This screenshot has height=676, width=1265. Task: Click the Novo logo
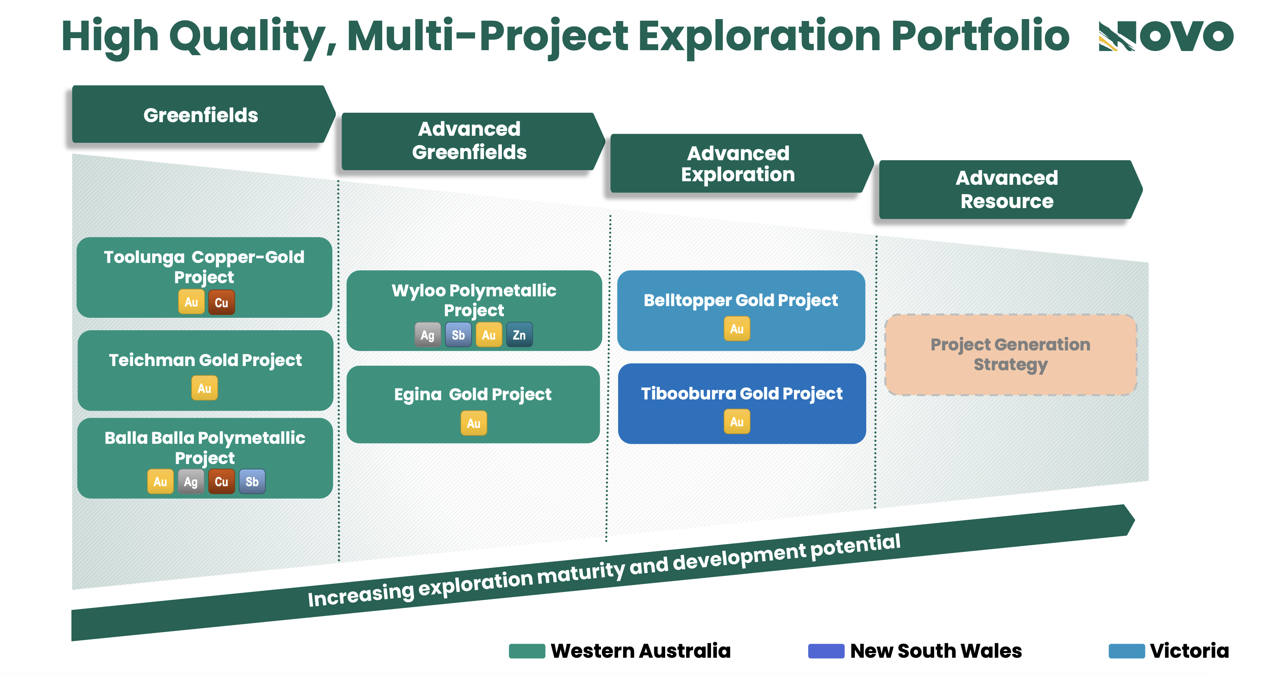pos(1165,36)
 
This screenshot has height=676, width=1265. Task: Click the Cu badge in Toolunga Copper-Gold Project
pos(222,302)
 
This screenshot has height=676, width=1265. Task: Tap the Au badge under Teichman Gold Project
pos(204,388)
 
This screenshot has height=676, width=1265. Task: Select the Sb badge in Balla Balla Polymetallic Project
pos(252,482)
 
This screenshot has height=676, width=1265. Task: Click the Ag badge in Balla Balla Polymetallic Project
pos(191,482)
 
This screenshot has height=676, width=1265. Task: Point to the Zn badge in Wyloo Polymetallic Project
pos(519,335)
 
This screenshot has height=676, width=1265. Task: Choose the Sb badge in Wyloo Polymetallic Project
pos(458,335)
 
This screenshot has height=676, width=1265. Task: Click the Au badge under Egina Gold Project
pos(474,423)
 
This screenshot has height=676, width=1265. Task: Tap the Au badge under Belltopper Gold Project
pos(737,329)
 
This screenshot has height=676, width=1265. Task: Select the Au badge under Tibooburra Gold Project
pos(737,422)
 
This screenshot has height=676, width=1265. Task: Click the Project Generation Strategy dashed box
pos(1011,355)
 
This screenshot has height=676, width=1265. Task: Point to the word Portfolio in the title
pos(980,36)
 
